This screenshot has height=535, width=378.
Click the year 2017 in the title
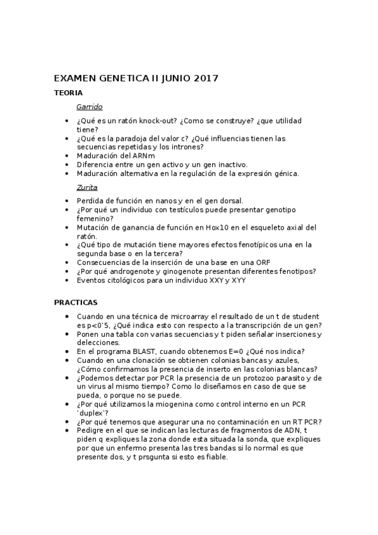[203, 79]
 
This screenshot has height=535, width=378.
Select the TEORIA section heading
[68, 93]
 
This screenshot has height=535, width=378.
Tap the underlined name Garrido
[89, 107]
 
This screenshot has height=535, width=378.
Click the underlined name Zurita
[86, 187]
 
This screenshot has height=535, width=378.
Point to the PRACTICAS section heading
[75, 302]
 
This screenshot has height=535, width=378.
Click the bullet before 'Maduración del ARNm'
[68, 156]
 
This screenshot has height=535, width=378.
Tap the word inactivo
[230, 164]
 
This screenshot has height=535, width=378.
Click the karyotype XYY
[239, 279]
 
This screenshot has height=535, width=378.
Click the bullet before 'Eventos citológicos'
[68, 280]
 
